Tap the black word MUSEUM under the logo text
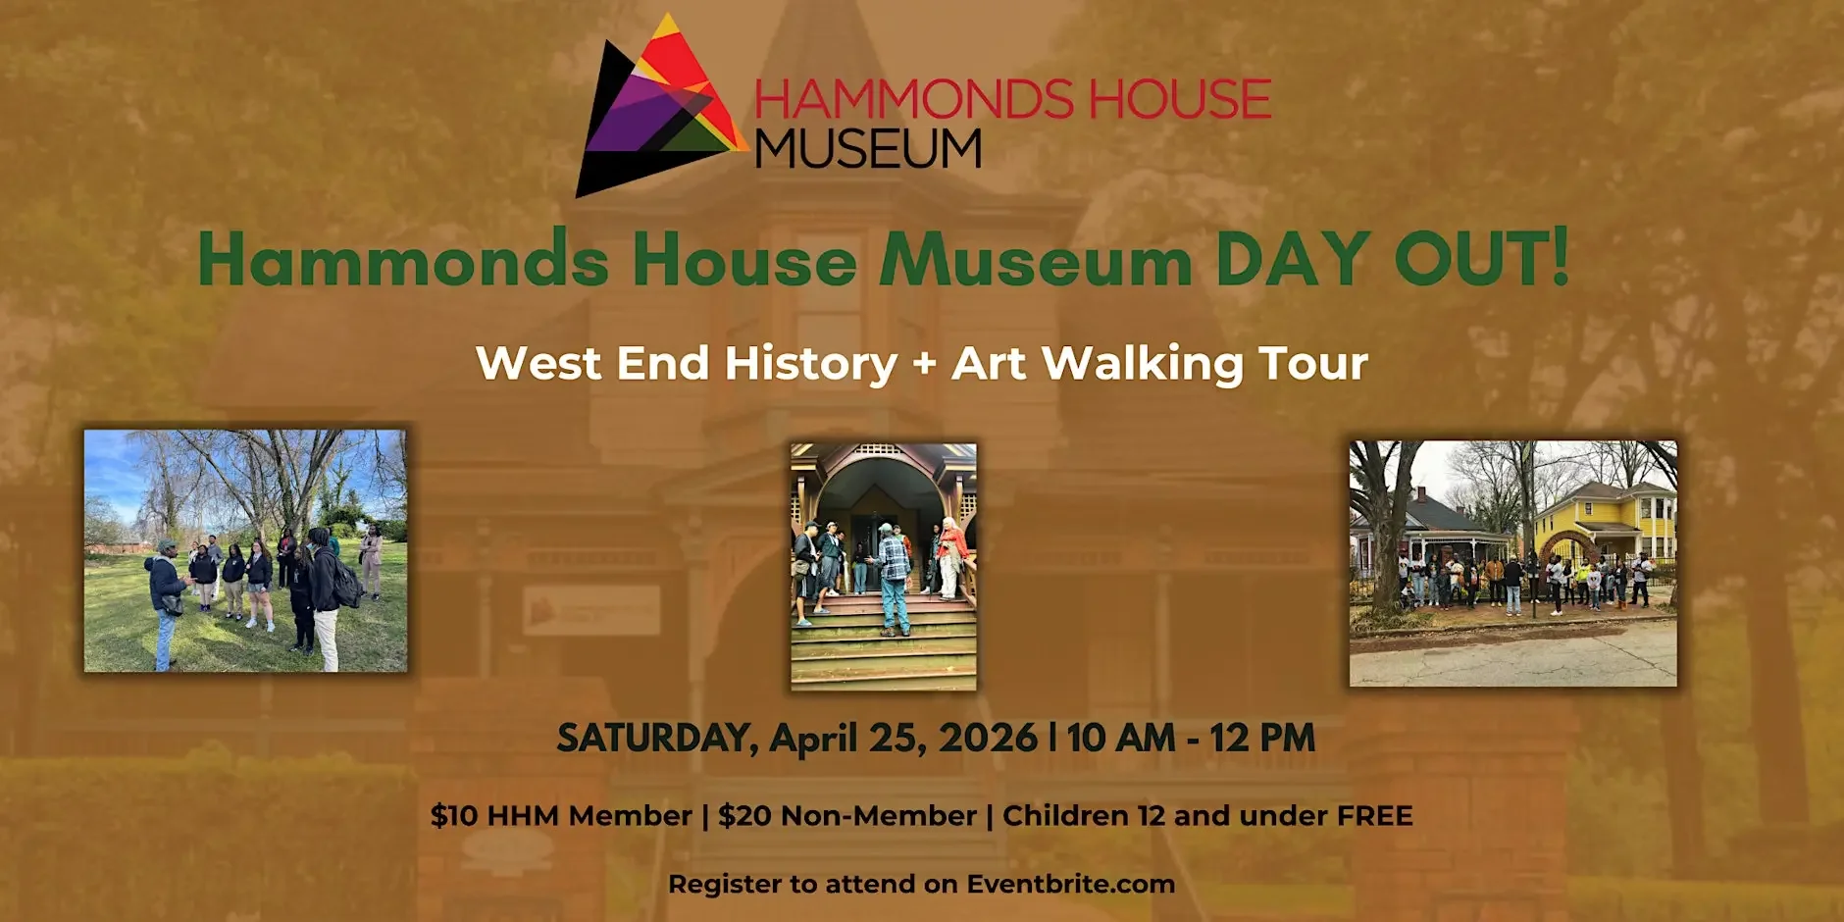click(x=868, y=149)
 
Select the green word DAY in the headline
click(x=1291, y=260)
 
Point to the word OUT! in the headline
click(x=1481, y=260)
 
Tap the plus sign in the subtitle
click(x=924, y=364)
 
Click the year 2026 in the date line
click(x=988, y=739)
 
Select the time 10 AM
click(x=1121, y=739)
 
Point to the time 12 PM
click(x=1262, y=739)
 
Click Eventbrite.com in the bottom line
click(x=1070, y=885)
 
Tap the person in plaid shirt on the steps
click(x=893, y=579)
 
